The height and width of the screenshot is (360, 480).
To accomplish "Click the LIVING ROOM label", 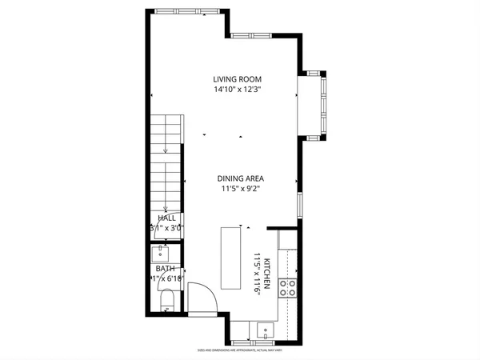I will tap(238, 79).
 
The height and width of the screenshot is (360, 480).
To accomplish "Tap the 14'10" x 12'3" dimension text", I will tap(238, 90).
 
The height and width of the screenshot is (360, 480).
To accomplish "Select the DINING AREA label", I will tap(241, 178).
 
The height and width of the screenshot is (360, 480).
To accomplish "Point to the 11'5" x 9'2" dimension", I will tap(241, 189).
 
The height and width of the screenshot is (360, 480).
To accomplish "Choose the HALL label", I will tap(166, 218).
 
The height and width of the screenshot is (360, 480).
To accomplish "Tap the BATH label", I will tap(165, 269).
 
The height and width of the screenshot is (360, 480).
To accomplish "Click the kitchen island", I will tap(232, 258).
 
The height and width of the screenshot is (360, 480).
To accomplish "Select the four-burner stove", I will tap(288, 288).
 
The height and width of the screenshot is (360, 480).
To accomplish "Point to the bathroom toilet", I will tap(167, 302).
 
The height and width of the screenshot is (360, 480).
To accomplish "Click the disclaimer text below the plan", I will tap(241, 350).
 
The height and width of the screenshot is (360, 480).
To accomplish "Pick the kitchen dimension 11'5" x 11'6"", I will tap(258, 275).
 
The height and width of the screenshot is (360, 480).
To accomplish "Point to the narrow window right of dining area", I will tap(299, 204).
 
